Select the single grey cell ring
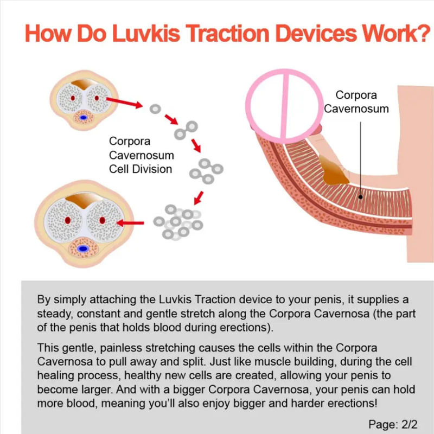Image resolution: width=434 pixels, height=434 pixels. click(155, 108)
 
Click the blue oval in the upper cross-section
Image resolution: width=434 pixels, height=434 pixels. click(84, 117)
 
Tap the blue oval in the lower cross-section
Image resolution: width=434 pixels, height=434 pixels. click(84, 248)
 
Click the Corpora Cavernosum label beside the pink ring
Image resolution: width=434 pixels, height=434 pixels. click(356, 101)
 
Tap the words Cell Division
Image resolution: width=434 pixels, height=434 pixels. click(141, 169)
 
